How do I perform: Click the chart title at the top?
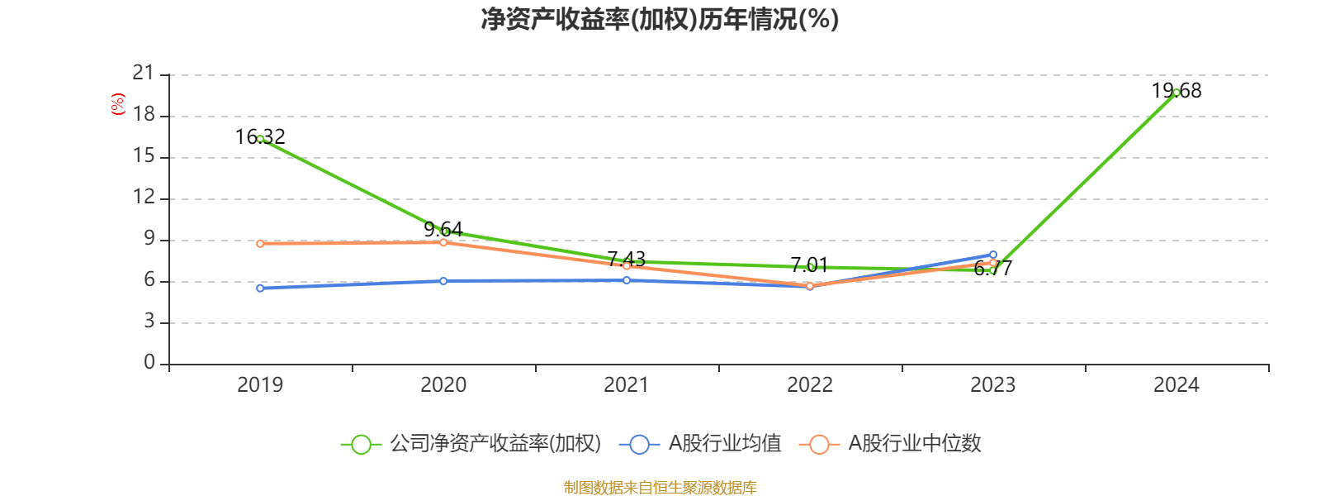point(660,19)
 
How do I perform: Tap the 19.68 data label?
point(1177,91)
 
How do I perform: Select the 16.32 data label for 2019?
point(260,136)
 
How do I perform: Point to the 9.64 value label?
point(443,229)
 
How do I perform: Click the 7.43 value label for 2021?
point(626,259)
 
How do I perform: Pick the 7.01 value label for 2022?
point(809,265)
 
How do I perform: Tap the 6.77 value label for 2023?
point(992,268)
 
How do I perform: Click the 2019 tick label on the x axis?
point(260,384)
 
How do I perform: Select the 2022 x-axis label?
point(809,384)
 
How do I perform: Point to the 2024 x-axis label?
point(1176,384)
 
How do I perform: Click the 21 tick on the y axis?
point(144,74)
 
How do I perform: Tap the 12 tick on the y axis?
point(144,197)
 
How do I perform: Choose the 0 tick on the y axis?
point(149,362)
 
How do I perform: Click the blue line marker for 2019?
point(260,288)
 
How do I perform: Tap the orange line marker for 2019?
point(260,244)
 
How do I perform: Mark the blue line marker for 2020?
point(443,281)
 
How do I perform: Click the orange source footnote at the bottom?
point(660,488)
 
